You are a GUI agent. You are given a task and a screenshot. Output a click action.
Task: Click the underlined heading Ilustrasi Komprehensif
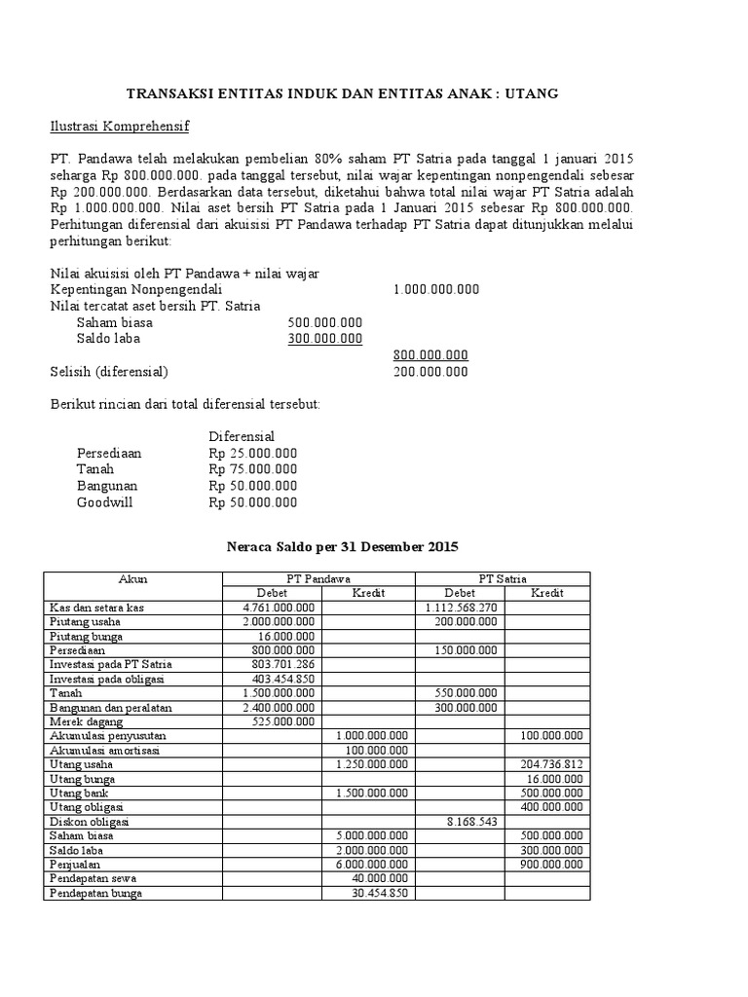pos(120,127)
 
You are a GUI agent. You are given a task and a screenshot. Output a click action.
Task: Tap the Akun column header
pos(132,578)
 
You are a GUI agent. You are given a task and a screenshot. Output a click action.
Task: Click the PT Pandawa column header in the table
pos(318,578)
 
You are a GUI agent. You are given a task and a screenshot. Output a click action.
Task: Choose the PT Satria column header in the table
pos(503,578)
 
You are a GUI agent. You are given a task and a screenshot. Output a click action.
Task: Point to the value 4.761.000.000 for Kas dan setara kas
pos(279,608)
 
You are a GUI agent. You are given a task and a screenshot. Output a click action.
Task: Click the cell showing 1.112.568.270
pos(462,608)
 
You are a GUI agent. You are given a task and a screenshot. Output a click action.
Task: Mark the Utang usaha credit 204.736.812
pos(551,764)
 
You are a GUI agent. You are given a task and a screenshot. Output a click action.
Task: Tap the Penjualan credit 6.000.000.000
pos(371,864)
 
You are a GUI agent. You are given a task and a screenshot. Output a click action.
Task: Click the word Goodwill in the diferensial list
pos(104,502)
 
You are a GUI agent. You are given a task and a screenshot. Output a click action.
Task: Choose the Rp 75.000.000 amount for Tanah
pos(253,469)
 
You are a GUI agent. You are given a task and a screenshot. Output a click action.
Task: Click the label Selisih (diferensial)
pos(109,371)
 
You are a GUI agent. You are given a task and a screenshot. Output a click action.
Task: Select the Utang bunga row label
pos(83,779)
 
